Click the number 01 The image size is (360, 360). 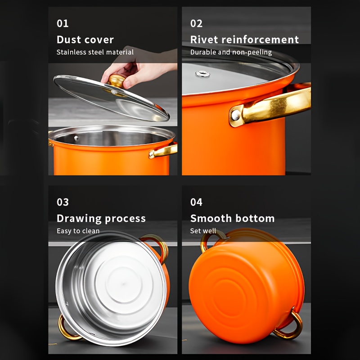tap(63, 23)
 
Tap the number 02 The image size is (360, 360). tap(196, 23)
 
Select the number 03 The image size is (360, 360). tap(63, 202)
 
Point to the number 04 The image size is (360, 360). tap(196, 202)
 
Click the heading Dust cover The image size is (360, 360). tap(85, 40)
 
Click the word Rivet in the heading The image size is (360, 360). tap(204, 40)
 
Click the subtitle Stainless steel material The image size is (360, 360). tap(95, 52)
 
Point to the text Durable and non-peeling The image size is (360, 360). tap(231, 52)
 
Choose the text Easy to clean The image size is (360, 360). tap(78, 231)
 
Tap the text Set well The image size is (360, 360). tap(203, 231)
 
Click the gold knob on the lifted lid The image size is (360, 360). tap(116, 81)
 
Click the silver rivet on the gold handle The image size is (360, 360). tap(235, 115)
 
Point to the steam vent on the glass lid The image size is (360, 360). tap(202, 74)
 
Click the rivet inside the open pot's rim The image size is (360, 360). tap(76, 138)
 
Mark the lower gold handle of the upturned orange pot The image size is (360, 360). tap(290, 326)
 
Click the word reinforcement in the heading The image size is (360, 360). tap(260, 40)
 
